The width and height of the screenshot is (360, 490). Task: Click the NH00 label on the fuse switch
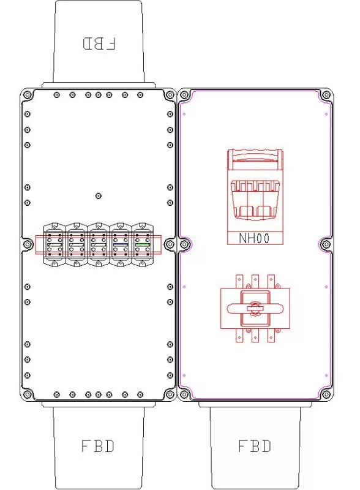254,238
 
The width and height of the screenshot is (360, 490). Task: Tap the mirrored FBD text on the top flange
99,43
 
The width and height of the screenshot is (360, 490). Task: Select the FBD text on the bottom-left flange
98,446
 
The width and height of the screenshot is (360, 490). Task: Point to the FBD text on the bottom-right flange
255,446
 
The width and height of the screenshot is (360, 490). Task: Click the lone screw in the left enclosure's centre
98,196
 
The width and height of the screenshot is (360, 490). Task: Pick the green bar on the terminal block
143,244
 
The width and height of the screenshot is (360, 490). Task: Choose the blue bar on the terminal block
121,244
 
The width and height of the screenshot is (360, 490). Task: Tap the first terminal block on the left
54,244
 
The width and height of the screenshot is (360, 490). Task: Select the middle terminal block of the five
99,244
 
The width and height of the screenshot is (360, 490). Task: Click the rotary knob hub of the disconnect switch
255,308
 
